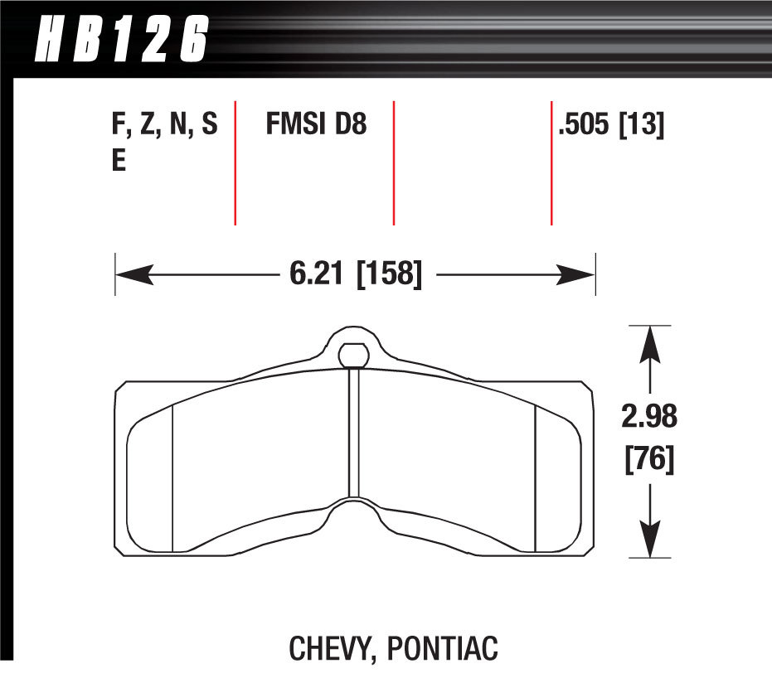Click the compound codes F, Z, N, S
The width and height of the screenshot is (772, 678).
coord(164,126)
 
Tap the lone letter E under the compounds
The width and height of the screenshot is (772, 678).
coord(119,161)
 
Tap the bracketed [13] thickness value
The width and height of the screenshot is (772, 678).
coord(643,126)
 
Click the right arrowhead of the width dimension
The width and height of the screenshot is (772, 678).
coord(579,274)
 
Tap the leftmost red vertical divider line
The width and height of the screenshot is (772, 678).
coord(235,162)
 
